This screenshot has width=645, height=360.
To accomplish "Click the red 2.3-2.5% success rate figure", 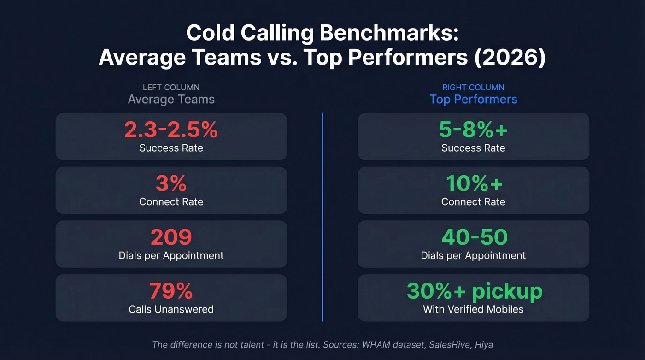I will pos(171,130).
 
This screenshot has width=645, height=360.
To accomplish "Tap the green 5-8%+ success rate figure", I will pos(473,130).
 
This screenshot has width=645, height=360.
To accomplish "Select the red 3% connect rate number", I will pos(171,184).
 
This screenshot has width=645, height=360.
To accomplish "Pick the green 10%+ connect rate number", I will pos(473,184).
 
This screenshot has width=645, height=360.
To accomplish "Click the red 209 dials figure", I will pos(171,238).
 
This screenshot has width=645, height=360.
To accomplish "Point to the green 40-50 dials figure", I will pos(474,238).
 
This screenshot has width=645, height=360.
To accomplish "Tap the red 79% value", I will pos(171,291).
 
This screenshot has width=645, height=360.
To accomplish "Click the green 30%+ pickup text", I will pos(474,291).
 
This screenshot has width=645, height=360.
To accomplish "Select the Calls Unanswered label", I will pos(171,309).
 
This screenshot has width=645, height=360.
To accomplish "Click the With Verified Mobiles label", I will pos(473,309).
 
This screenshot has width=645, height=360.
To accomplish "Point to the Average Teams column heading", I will pos(171,100).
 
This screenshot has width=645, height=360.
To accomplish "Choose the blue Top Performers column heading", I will pos(473,100).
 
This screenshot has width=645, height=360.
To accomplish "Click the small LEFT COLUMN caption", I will pos(171,87).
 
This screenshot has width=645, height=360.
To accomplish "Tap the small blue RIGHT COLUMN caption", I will pos(473,87).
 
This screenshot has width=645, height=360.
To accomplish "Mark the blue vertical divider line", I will pos(322,217).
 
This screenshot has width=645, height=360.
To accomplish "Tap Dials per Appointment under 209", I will pos(171,255).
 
